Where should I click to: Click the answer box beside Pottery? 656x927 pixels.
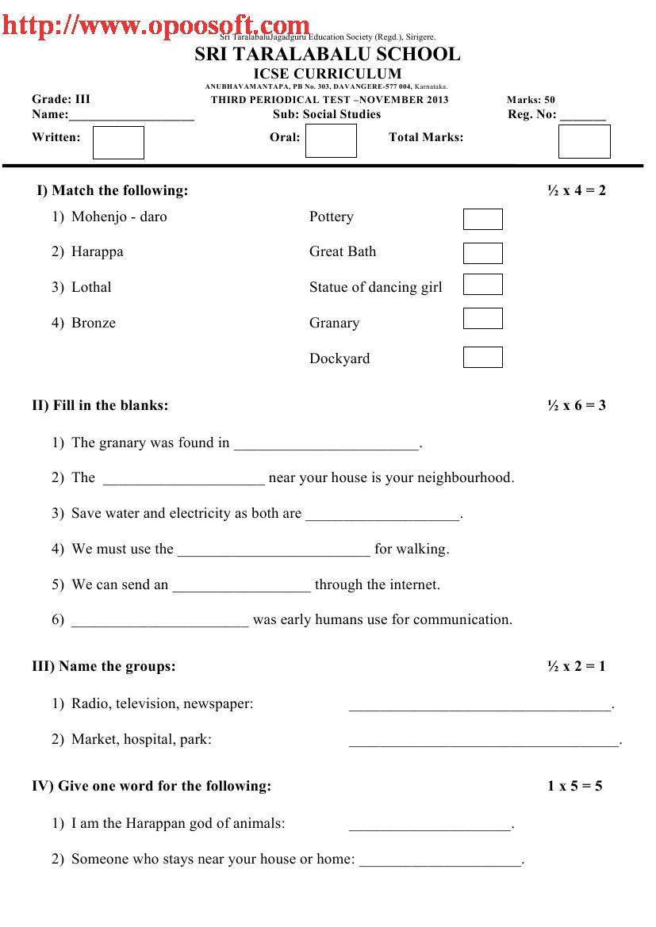point(482,219)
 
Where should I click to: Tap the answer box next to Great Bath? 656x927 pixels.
point(482,253)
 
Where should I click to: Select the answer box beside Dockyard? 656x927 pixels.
point(482,357)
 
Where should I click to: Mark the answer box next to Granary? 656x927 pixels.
point(482,318)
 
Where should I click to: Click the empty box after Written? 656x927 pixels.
point(118,143)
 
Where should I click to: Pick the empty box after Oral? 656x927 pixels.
point(331,141)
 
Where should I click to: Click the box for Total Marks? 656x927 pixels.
point(584,142)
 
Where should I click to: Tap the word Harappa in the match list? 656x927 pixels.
point(97,252)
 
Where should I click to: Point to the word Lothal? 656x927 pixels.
point(91,287)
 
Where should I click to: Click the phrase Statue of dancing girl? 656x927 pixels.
point(375,287)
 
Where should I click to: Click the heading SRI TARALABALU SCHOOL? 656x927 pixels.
point(327,54)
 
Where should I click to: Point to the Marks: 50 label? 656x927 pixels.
point(531,100)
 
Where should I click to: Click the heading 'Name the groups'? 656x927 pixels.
point(117,666)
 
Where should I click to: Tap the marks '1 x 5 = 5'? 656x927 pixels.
point(574,786)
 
